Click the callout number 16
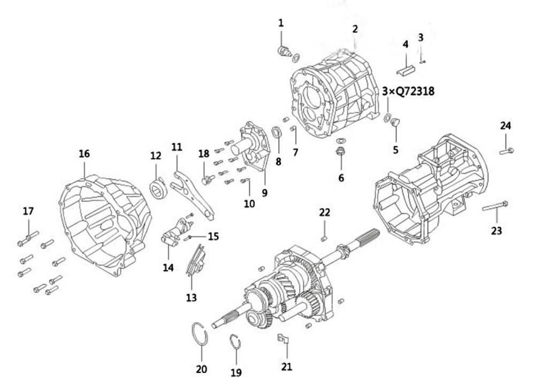(x=85, y=154)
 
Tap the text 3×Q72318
(x=408, y=91)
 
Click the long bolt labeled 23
(x=495, y=206)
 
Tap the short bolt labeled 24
(x=506, y=150)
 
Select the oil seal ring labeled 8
(x=277, y=132)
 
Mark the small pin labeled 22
(x=324, y=238)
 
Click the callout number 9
(x=265, y=193)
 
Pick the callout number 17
(x=28, y=211)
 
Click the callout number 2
(x=355, y=29)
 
